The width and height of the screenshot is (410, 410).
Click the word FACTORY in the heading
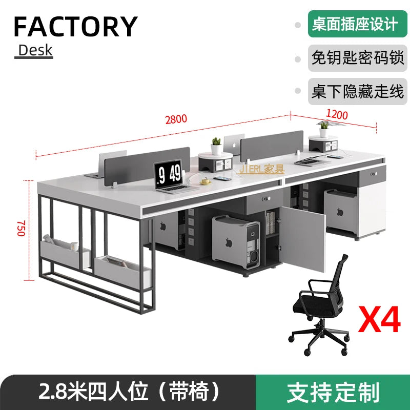click(75, 27)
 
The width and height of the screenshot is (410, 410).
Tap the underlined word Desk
click(35, 50)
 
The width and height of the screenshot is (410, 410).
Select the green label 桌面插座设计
click(354, 24)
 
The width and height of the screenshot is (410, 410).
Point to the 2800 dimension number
click(176, 119)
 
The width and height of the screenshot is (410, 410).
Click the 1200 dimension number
click(337, 114)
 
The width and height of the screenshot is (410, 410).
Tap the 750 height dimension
click(20, 228)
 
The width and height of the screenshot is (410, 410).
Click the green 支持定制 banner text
click(333, 392)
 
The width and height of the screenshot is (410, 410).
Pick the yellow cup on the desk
click(205, 180)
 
